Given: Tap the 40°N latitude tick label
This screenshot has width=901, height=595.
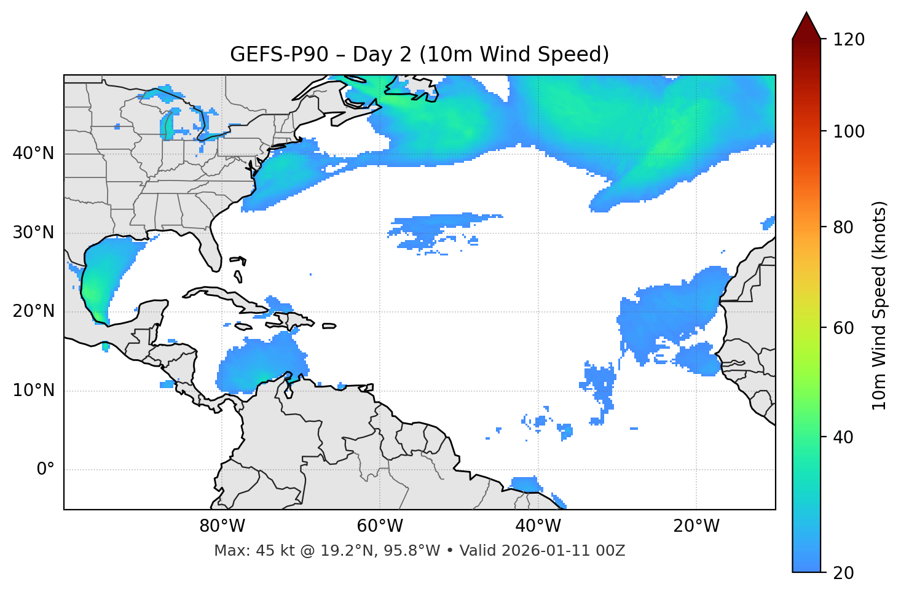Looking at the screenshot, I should [x=33, y=154].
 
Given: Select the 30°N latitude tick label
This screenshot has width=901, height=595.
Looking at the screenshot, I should [x=33, y=233].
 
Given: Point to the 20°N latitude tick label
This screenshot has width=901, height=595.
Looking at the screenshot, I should [x=33, y=311].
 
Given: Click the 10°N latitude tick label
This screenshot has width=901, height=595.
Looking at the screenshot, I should [x=33, y=391].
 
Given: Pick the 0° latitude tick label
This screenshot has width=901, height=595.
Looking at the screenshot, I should [x=45, y=470].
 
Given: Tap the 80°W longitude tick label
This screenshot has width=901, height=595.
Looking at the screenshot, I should [x=222, y=526].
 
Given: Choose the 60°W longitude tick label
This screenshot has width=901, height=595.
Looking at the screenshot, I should [x=380, y=526].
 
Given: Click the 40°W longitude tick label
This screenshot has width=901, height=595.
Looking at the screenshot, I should [x=538, y=526].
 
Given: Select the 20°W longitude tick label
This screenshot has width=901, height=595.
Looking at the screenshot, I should [x=696, y=526].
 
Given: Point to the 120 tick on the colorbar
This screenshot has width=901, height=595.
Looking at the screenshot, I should [x=849, y=40].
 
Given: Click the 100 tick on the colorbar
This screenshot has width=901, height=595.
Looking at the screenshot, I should [x=849, y=131].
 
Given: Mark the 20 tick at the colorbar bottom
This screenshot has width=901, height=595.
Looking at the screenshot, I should [x=843, y=573].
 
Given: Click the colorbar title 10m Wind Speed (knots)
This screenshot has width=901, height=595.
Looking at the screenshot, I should [x=879, y=305].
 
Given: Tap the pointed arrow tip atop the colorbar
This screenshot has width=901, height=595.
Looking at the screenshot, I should [x=806, y=14].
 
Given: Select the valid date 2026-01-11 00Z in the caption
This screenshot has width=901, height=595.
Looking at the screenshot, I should [x=562, y=551].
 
